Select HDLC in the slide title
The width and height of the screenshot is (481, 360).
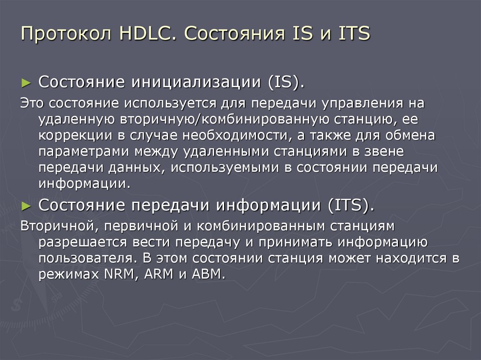(147, 35)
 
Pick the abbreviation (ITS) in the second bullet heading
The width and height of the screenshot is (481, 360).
(350, 206)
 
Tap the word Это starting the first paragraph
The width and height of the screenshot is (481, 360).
(32, 103)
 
